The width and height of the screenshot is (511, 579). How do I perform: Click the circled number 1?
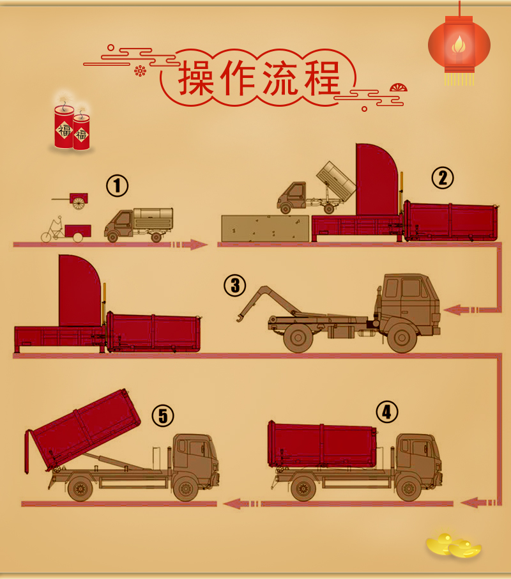point(118,185)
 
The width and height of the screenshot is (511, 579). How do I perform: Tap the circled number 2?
point(443,178)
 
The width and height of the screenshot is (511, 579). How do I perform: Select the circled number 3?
point(235,285)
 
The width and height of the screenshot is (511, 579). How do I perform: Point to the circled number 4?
point(387,412)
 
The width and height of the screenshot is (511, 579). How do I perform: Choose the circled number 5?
point(163,415)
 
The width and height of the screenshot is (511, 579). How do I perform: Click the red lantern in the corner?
point(459,44)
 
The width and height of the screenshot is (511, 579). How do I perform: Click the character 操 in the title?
point(197,78)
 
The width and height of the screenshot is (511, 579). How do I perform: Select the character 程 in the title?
point(322,78)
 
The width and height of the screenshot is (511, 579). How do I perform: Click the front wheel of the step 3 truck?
point(402,337)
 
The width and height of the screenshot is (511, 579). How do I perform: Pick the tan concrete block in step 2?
point(265,229)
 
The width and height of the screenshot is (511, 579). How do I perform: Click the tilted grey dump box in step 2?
point(337,181)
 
